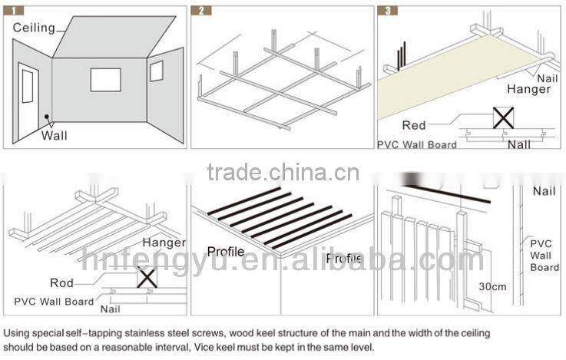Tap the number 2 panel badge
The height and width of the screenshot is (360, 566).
[x=202, y=12]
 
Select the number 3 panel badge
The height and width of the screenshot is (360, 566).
[x=386, y=12]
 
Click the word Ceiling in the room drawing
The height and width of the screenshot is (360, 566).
[x=34, y=28]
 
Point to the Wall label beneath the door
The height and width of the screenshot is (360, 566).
[x=55, y=136]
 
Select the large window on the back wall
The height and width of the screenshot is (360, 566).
[x=105, y=81]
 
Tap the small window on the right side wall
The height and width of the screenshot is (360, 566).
[x=156, y=71]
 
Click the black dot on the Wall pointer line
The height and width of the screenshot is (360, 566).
[x=48, y=118]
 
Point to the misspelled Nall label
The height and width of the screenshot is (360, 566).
[x=519, y=144]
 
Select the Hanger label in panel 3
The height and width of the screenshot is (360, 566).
[x=528, y=90]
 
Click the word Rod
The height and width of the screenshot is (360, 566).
[x=61, y=283]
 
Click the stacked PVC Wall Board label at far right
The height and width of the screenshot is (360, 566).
[x=544, y=255]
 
